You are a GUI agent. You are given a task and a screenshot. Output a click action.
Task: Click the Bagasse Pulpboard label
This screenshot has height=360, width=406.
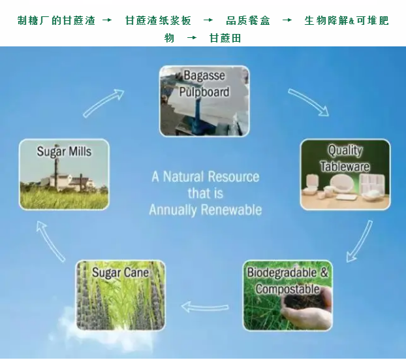[x=204, y=84]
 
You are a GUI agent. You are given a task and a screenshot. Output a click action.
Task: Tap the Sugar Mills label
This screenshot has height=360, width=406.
[x=64, y=152]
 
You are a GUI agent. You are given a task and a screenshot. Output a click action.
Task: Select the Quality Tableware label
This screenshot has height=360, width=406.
[x=345, y=158]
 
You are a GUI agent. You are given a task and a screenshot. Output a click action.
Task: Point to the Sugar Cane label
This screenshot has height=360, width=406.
[x=120, y=272]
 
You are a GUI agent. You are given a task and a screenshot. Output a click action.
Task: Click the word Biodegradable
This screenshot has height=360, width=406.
[x=282, y=272]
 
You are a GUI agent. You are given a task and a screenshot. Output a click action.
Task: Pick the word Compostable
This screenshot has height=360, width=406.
[x=287, y=289]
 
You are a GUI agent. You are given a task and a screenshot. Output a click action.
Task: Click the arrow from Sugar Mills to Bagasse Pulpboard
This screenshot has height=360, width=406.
[x=103, y=103]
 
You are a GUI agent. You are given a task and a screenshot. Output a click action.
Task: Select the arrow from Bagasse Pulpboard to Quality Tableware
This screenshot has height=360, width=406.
[x=308, y=102]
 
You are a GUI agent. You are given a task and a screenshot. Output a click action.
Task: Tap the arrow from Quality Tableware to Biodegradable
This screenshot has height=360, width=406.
[x=360, y=241]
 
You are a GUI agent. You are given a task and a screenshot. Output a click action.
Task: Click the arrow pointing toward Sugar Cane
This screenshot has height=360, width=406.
[x=204, y=307]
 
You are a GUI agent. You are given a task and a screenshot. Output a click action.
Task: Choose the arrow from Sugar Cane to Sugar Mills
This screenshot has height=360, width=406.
[x=50, y=241]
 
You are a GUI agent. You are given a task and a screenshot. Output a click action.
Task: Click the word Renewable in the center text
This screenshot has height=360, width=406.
[x=232, y=210]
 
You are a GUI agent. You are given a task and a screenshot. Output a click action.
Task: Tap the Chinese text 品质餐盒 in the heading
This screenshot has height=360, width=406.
[x=248, y=21]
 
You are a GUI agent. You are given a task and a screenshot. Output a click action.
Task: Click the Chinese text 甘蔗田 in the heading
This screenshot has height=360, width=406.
[x=225, y=38]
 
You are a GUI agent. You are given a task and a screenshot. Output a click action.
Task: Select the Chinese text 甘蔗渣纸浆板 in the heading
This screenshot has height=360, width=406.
[x=158, y=21]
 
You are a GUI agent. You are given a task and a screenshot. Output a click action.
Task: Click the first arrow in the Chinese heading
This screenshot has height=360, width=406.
[x=107, y=20]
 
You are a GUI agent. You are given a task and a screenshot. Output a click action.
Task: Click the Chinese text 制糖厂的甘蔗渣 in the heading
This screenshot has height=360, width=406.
[x=56, y=21]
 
